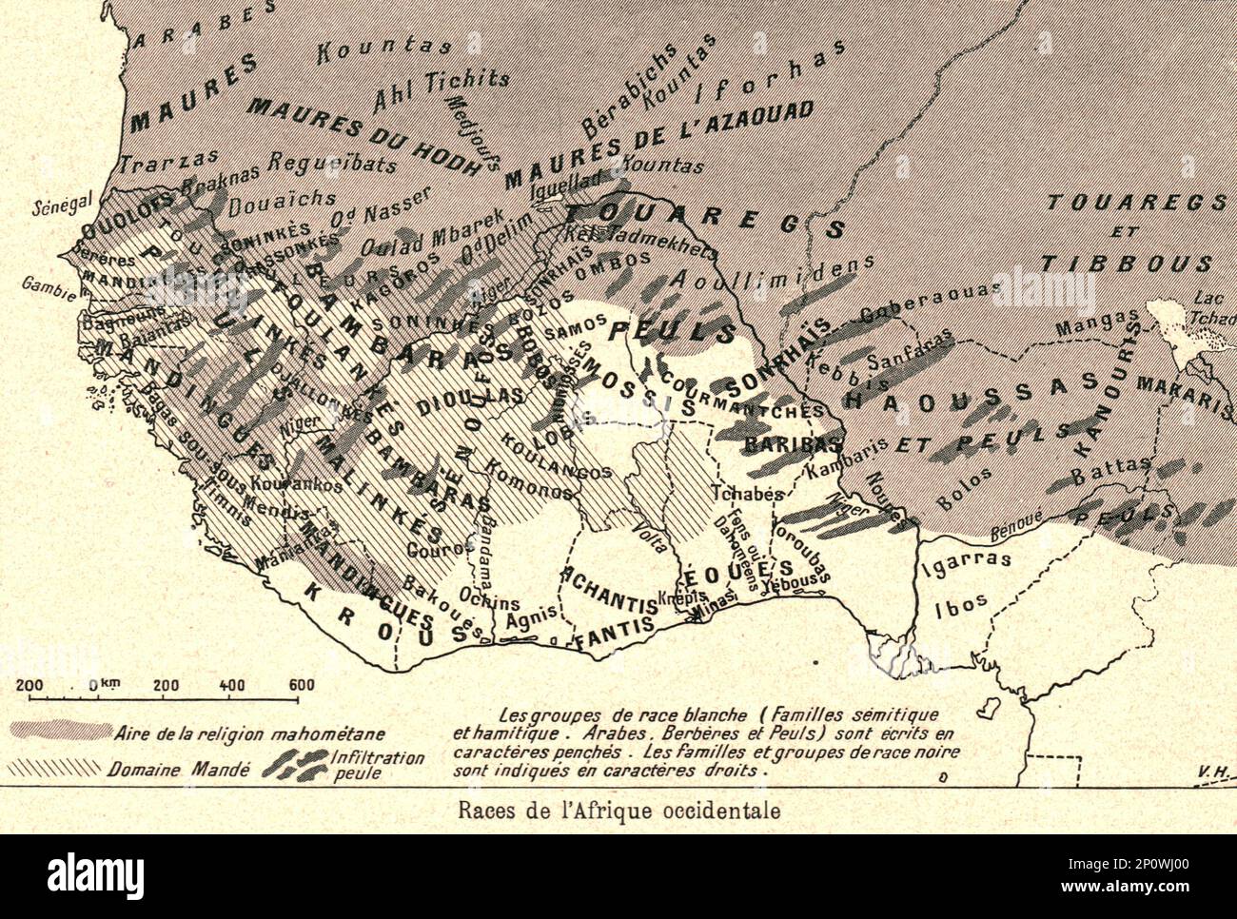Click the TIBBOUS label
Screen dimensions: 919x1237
[x=1126, y=264]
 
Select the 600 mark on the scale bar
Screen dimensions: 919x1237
[x=301, y=685]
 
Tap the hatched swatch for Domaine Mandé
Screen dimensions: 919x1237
[x=54, y=767]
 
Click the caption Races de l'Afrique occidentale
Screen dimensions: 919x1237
[x=618, y=811]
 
